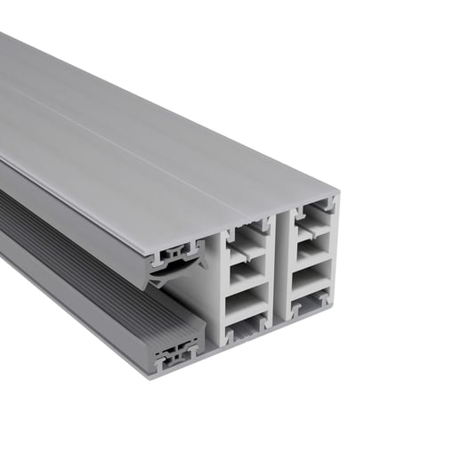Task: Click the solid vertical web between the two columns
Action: tap(278, 267)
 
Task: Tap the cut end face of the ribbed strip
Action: tap(178, 352)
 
